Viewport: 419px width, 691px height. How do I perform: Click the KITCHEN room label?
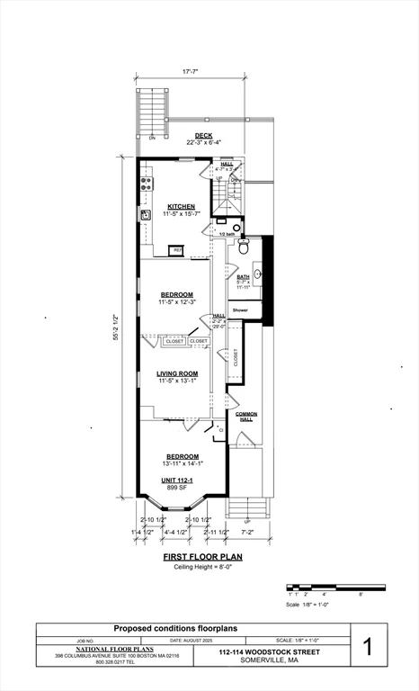[180, 206]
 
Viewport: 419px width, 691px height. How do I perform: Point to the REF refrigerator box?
[177, 249]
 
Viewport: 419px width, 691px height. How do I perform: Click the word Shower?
[240, 310]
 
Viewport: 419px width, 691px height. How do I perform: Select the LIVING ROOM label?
[177, 373]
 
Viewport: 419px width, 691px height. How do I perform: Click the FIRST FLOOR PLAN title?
[202, 557]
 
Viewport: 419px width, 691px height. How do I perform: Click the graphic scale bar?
[335, 588]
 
